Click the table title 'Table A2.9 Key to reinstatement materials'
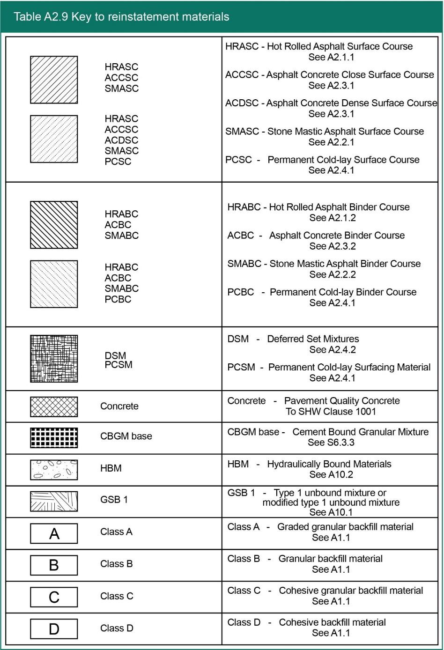(121, 17)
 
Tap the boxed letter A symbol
(54, 533)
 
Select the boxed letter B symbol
(54, 565)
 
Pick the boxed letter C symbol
(54, 597)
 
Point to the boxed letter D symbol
(54, 629)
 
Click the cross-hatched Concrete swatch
(54, 406)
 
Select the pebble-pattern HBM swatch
(54, 469)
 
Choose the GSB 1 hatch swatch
(54, 501)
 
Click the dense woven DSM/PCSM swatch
(54, 358)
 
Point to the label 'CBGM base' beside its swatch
(126, 436)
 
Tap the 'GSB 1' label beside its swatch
(114, 500)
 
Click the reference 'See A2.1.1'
(331, 57)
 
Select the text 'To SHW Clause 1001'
(331, 412)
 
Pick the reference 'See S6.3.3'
(331, 443)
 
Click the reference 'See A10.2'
(331, 474)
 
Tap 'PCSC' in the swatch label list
(118, 162)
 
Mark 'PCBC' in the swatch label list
(118, 299)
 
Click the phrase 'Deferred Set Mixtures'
(313, 339)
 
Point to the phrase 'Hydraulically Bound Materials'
(329, 464)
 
